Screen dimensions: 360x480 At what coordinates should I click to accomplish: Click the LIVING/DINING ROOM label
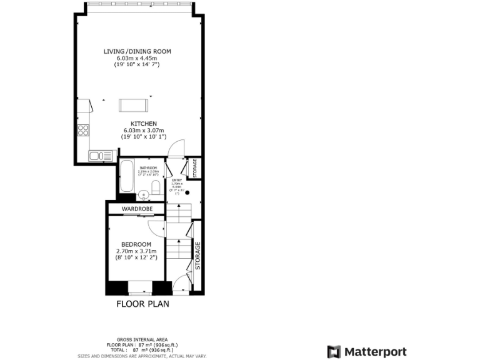[x=137, y=51]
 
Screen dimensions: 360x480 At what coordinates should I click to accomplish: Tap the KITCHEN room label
[x=144, y=124]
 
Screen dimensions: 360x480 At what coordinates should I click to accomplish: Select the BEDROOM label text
[x=136, y=244]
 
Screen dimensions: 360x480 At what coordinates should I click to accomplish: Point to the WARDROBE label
[x=137, y=208]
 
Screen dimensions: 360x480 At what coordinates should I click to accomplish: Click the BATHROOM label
[x=148, y=168]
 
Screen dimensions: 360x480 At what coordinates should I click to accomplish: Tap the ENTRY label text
[x=177, y=180]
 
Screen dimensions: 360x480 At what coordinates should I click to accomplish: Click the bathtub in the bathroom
[x=126, y=177]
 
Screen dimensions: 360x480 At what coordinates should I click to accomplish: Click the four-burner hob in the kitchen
[x=82, y=130]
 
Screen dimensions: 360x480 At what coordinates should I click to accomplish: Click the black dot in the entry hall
[x=187, y=192]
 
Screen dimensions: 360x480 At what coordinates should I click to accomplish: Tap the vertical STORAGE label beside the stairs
[x=197, y=256]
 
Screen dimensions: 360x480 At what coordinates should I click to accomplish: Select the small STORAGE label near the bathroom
[x=195, y=169]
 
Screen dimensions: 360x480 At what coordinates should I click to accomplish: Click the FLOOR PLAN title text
[x=142, y=304]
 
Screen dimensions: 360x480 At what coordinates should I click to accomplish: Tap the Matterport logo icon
[x=334, y=352]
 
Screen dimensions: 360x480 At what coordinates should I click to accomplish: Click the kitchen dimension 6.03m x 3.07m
[x=144, y=130]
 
